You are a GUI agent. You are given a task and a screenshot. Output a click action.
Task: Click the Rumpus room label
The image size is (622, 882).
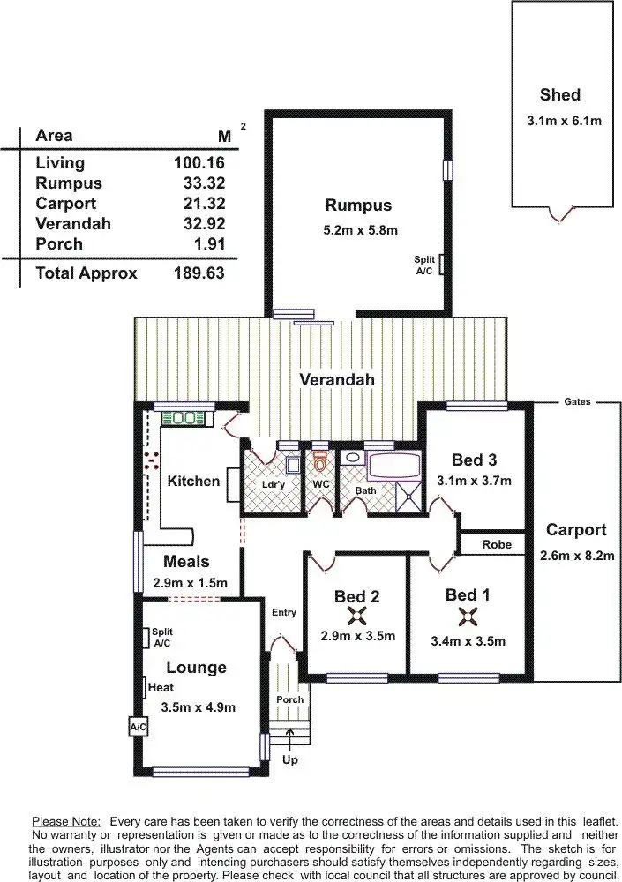click(x=357, y=206)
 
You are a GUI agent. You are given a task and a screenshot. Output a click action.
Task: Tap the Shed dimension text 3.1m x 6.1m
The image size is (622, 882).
click(x=559, y=121)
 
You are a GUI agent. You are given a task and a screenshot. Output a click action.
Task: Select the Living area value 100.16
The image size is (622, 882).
click(x=199, y=162)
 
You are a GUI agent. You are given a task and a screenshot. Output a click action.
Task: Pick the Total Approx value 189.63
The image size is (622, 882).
click(x=199, y=273)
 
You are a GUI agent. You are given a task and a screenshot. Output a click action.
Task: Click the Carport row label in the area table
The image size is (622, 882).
click(x=65, y=204)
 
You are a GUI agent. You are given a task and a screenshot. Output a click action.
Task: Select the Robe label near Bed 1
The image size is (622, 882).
click(x=496, y=545)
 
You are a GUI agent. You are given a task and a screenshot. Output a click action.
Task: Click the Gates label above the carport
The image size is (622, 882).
click(x=577, y=401)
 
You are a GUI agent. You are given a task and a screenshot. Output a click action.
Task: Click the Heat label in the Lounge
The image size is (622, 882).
click(x=161, y=687)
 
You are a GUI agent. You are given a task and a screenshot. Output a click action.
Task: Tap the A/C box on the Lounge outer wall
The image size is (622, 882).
click(x=137, y=727)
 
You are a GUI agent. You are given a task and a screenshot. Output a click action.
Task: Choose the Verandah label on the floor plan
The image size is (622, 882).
click(x=337, y=380)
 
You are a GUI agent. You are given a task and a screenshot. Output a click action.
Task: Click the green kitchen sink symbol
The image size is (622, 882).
click(x=184, y=417)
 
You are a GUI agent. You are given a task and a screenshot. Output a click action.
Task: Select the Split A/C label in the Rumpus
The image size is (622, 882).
click(x=425, y=265)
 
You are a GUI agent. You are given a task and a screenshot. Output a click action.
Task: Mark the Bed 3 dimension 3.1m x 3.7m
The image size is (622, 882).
click(x=474, y=481)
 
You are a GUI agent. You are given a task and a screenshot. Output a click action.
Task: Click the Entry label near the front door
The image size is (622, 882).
click(x=284, y=612)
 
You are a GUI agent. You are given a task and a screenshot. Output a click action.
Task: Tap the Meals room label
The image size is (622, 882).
click(x=186, y=561)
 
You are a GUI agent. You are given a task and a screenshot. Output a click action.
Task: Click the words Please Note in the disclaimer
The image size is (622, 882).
click(x=66, y=820)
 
